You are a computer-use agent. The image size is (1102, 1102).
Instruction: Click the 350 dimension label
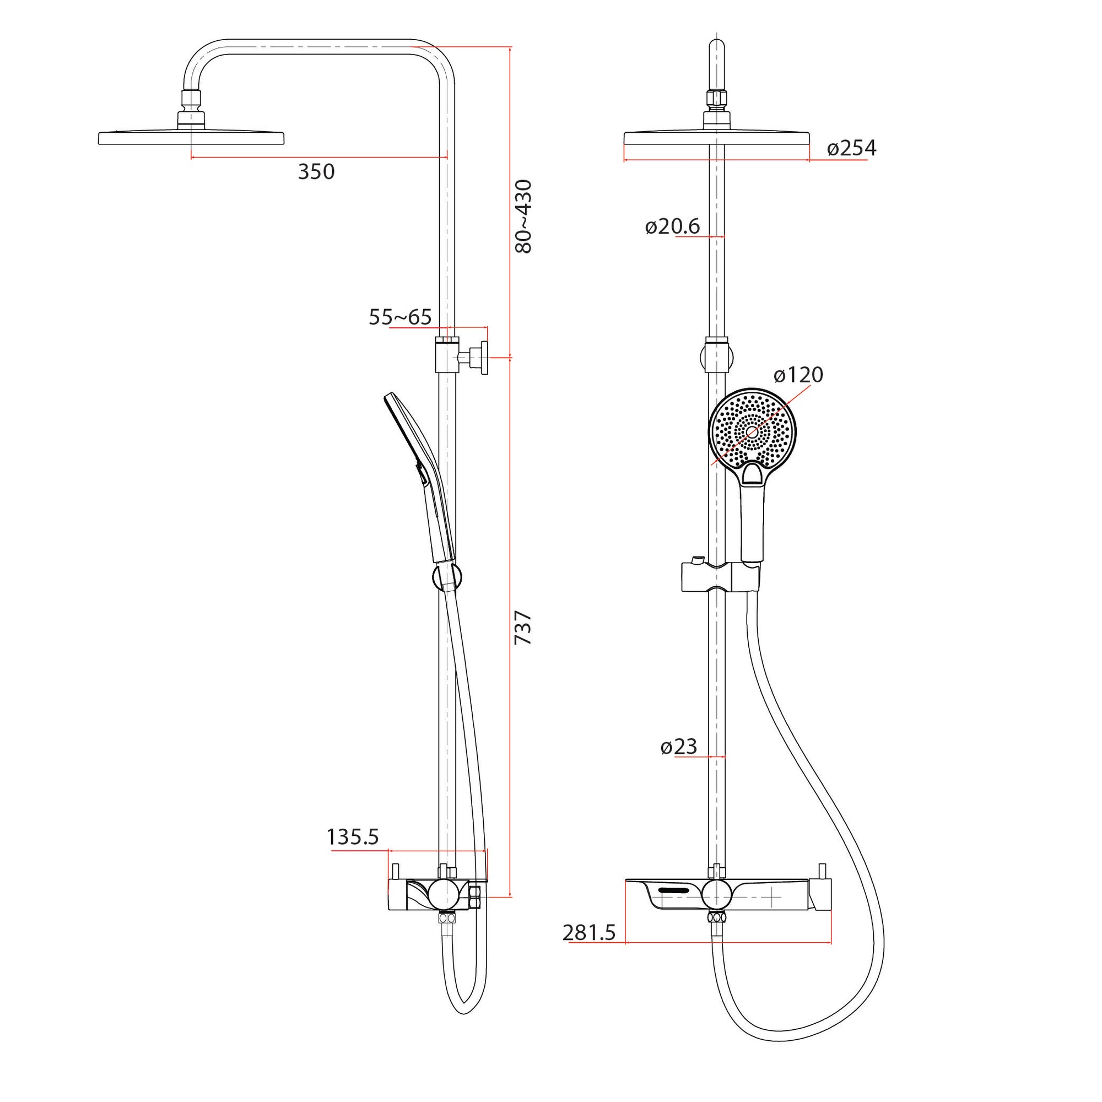coord(316,172)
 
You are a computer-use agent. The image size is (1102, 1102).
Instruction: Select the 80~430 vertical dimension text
coord(523,216)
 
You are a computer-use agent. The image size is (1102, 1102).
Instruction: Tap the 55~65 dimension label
coord(400,317)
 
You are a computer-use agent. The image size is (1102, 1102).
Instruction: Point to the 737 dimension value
coord(523,628)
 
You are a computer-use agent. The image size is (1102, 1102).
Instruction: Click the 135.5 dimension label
coord(353,837)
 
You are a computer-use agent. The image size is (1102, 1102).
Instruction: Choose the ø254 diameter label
coord(851,148)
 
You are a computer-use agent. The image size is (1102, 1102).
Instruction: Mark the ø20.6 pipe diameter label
coord(672,226)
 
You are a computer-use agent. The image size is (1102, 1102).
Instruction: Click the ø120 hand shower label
coord(798,375)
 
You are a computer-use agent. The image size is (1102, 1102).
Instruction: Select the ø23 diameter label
coord(679,747)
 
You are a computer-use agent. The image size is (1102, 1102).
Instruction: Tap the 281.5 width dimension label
coord(588,933)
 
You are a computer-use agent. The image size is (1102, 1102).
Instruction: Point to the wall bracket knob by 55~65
coord(483,358)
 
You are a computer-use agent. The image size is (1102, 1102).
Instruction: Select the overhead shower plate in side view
coord(191,138)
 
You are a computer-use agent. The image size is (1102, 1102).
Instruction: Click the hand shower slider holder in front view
coord(721,577)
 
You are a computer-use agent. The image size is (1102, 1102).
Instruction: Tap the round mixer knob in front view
coord(717,895)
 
